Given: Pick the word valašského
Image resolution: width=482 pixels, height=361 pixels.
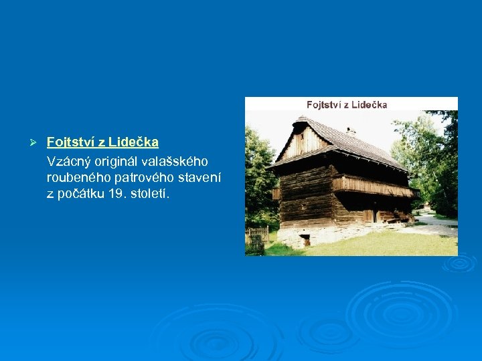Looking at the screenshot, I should point(175,161).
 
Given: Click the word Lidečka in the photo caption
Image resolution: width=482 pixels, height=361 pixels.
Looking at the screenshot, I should point(367,104).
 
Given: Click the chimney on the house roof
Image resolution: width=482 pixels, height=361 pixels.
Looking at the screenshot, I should point(351,131).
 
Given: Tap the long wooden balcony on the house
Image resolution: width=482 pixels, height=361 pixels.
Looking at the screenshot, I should point(372,185).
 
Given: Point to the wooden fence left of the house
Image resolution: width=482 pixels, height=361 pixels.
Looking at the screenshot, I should point(257,235).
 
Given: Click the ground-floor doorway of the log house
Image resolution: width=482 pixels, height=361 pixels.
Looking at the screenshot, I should point(369,215).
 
